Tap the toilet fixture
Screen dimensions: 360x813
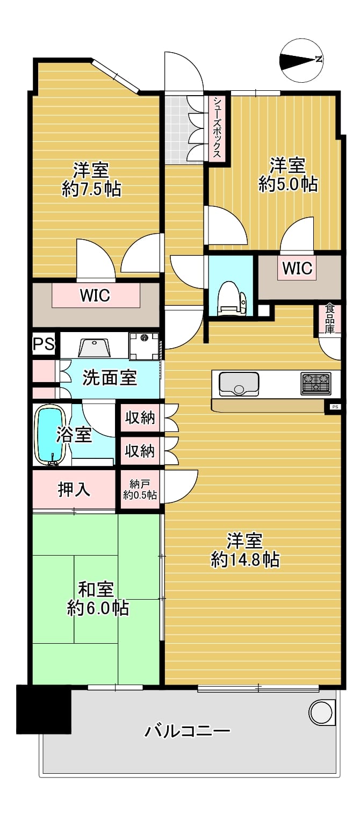pos(231,299)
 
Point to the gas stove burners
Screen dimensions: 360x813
pos(315,383)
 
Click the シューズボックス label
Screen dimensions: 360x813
pos(217,127)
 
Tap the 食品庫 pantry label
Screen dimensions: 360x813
pos(329,319)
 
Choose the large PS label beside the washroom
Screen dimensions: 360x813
pos(44,343)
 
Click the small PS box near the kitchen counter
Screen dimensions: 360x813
pos(335,407)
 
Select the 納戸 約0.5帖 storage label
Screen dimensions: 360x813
pos(140,490)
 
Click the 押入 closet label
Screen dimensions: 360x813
pos(74,490)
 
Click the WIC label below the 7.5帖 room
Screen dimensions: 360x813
pos(95,296)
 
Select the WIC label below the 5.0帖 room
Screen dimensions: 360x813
pos(297,268)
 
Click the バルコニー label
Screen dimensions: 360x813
pos(188,730)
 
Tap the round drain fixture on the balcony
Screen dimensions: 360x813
pos(321,712)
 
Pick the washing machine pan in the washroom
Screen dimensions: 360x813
pos(144,346)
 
